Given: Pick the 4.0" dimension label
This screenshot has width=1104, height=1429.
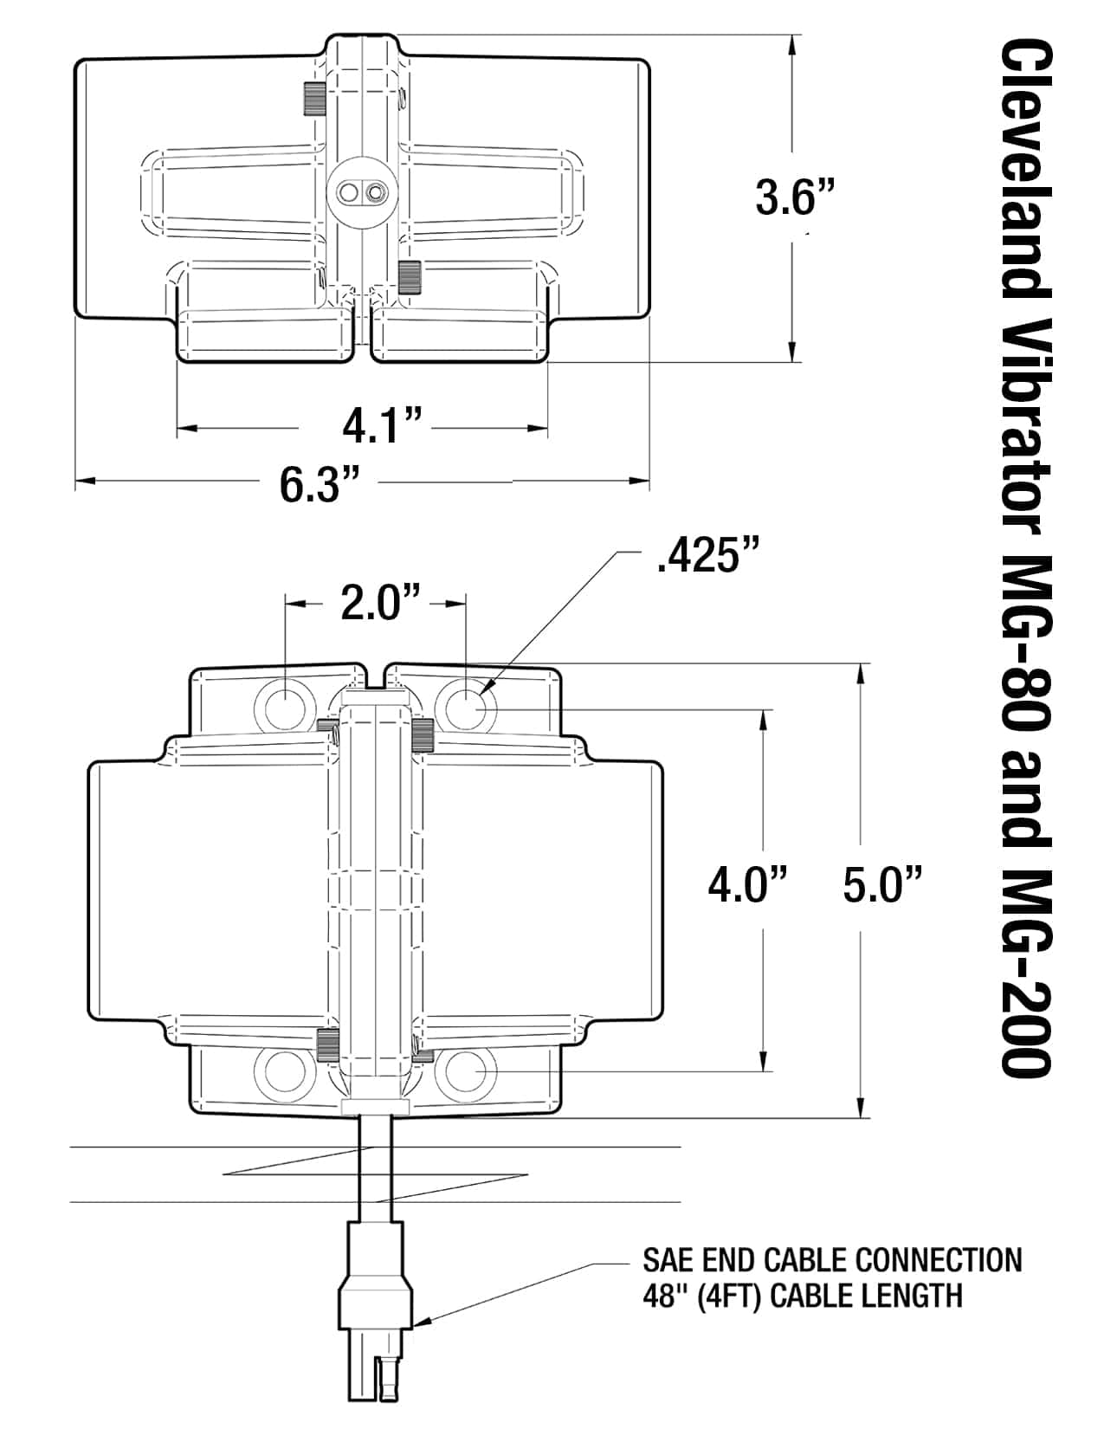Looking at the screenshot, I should [747, 886].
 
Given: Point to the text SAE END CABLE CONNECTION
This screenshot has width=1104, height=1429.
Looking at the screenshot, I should [832, 1258].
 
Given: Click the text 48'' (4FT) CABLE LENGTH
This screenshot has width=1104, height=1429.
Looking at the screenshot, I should [802, 1296].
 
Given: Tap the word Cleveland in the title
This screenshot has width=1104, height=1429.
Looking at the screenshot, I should [1026, 178].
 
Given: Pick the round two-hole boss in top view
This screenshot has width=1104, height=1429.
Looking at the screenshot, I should [360, 191].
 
